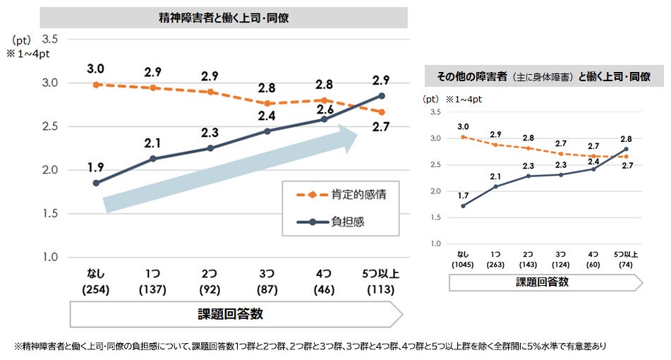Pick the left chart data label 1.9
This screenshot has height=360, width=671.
pos(97,167)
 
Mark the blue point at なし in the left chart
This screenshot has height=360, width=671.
pos(96,183)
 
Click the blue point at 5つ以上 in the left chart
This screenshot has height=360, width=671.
pos(382,95)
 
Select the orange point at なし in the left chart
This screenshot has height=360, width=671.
pos(96,85)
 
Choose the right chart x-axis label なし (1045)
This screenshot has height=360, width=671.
pos(463,259)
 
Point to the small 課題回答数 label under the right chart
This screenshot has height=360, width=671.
pos(543,282)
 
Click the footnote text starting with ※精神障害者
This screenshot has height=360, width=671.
pos(310,347)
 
